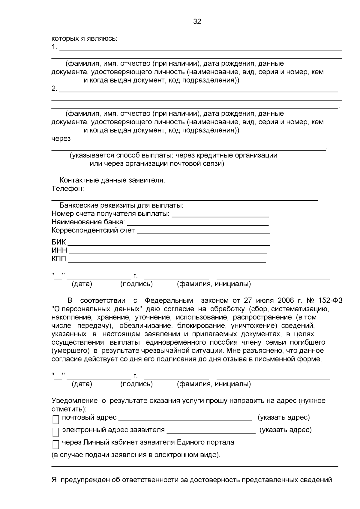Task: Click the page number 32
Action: click(x=197, y=22)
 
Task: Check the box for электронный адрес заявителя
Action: click(x=55, y=432)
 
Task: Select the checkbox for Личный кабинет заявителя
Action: click(x=55, y=444)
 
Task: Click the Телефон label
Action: click(x=67, y=189)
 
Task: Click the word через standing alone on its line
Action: click(x=61, y=139)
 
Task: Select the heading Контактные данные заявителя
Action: click(x=112, y=181)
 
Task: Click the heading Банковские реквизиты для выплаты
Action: click(x=121, y=206)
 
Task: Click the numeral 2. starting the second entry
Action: click(x=54, y=89)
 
